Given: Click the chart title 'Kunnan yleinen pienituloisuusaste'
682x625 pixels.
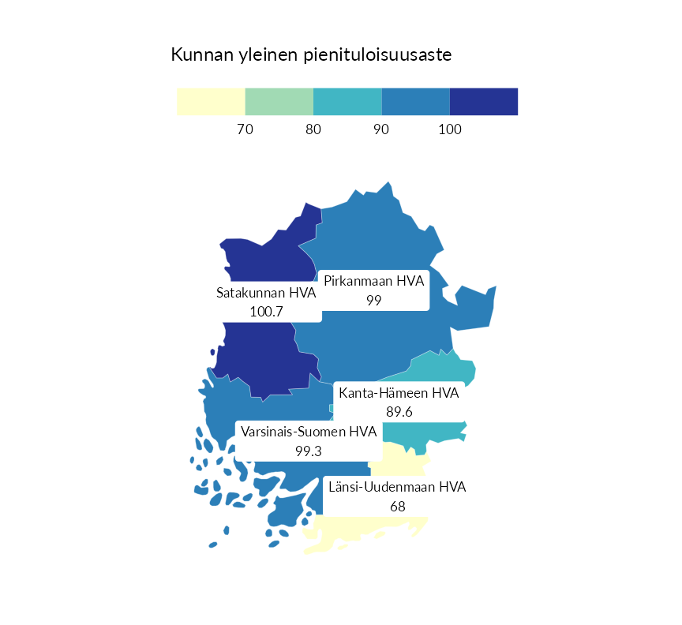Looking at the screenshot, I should [x=311, y=55].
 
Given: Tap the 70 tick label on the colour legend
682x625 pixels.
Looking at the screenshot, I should [x=245, y=129].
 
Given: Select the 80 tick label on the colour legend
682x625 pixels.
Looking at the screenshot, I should [x=313, y=129].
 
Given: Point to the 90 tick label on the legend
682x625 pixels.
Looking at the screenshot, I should [x=381, y=129].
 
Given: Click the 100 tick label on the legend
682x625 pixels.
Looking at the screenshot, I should [x=450, y=129].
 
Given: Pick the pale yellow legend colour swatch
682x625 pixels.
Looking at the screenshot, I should [x=211, y=102].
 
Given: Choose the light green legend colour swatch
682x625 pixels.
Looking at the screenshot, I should [x=279, y=102].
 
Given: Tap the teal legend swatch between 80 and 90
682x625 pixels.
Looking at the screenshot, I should [x=347, y=102].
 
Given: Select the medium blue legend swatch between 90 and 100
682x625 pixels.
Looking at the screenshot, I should [x=416, y=102].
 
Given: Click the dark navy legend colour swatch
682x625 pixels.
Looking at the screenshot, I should [x=484, y=102].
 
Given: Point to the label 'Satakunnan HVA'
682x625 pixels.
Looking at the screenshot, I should [x=266, y=293].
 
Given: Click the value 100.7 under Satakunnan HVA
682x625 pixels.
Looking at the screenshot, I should [x=266, y=312].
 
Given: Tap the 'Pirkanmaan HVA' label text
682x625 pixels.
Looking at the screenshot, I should [x=374, y=281].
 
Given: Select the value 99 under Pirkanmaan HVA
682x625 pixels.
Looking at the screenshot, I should [x=374, y=300].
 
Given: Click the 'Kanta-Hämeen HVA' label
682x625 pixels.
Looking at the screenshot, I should [x=399, y=392].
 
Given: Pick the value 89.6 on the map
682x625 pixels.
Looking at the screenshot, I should [x=399, y=411].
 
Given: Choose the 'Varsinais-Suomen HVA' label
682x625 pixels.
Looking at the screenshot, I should [x=309, y=432].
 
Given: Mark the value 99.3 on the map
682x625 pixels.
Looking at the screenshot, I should [x=309, y=451].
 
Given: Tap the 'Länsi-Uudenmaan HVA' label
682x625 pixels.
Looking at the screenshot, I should [x=397, y=487].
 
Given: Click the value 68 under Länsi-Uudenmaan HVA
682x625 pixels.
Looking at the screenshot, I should [x=397, y=506].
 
